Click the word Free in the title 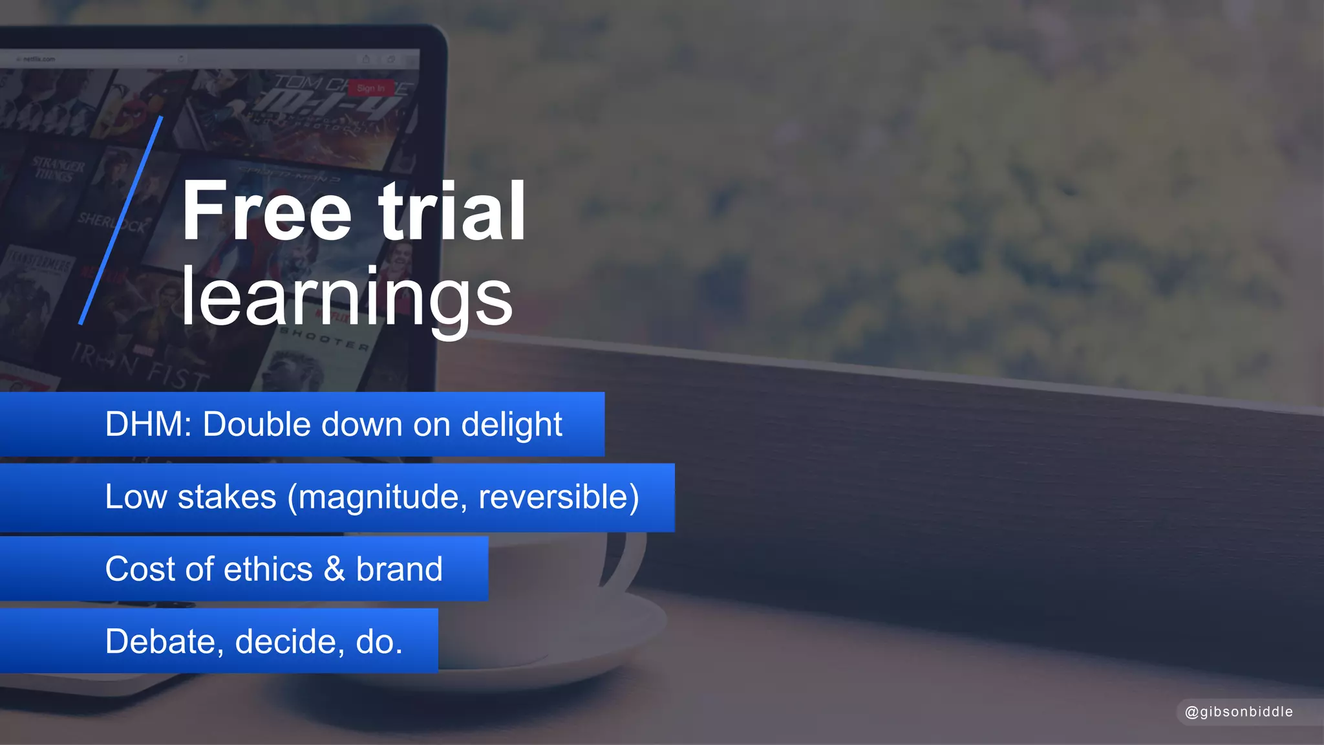[266, 211]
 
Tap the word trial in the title [452, 211]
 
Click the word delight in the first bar [511, 425]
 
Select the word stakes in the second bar [227, 497]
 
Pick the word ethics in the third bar [268, 570]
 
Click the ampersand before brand [334, 570]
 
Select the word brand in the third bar [399, 570]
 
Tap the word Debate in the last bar [160, 642]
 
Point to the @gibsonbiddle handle [1239, 712]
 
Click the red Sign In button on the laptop [370, 88]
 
